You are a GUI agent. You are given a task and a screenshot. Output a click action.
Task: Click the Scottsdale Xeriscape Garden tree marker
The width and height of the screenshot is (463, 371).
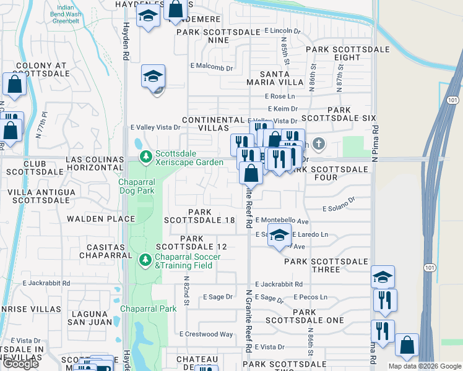146,157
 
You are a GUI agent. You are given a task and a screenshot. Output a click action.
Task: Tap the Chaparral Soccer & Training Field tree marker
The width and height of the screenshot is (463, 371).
146,260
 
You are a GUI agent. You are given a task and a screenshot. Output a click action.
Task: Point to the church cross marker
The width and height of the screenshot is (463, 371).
319,144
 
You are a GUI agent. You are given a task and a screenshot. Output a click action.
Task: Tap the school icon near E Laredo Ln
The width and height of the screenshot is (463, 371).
280,236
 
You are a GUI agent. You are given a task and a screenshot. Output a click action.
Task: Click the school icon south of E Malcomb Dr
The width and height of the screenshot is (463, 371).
153,77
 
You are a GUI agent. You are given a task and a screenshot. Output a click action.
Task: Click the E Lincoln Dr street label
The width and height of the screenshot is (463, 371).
282,30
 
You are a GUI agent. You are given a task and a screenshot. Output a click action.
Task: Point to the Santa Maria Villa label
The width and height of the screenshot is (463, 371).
282,78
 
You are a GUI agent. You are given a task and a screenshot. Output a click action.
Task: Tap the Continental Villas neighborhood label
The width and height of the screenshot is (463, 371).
213,124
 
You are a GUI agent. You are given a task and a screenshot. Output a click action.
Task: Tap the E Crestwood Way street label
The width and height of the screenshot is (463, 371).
206,335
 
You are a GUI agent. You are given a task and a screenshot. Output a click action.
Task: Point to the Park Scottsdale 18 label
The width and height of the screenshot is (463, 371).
199,216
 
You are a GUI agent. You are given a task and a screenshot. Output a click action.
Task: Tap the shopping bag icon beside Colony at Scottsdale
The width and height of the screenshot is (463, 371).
14,84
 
